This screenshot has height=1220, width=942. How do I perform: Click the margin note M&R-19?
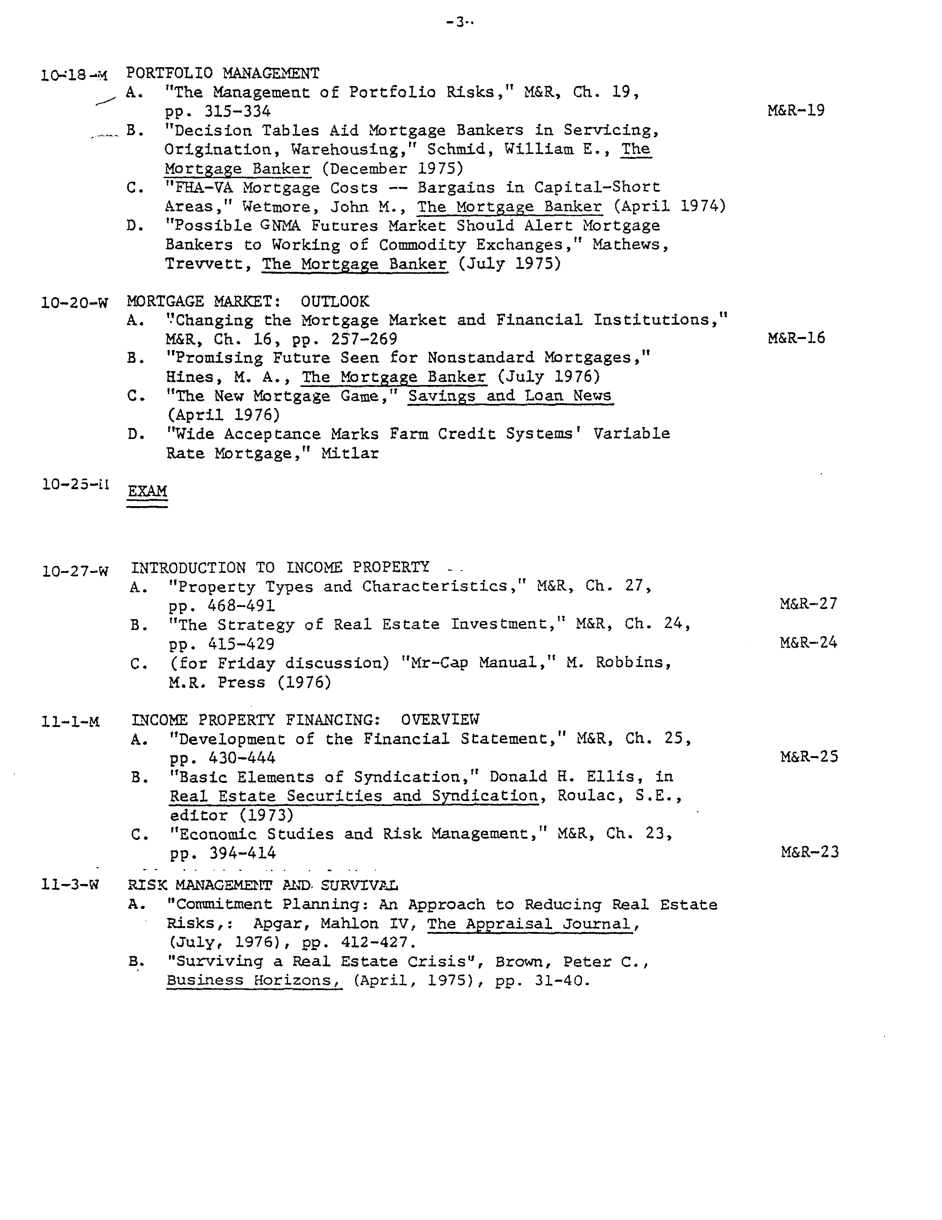pos(796,110)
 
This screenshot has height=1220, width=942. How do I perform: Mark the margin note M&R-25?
pos(809,757)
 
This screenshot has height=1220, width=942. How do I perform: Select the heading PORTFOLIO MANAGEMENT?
pos(222,73)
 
